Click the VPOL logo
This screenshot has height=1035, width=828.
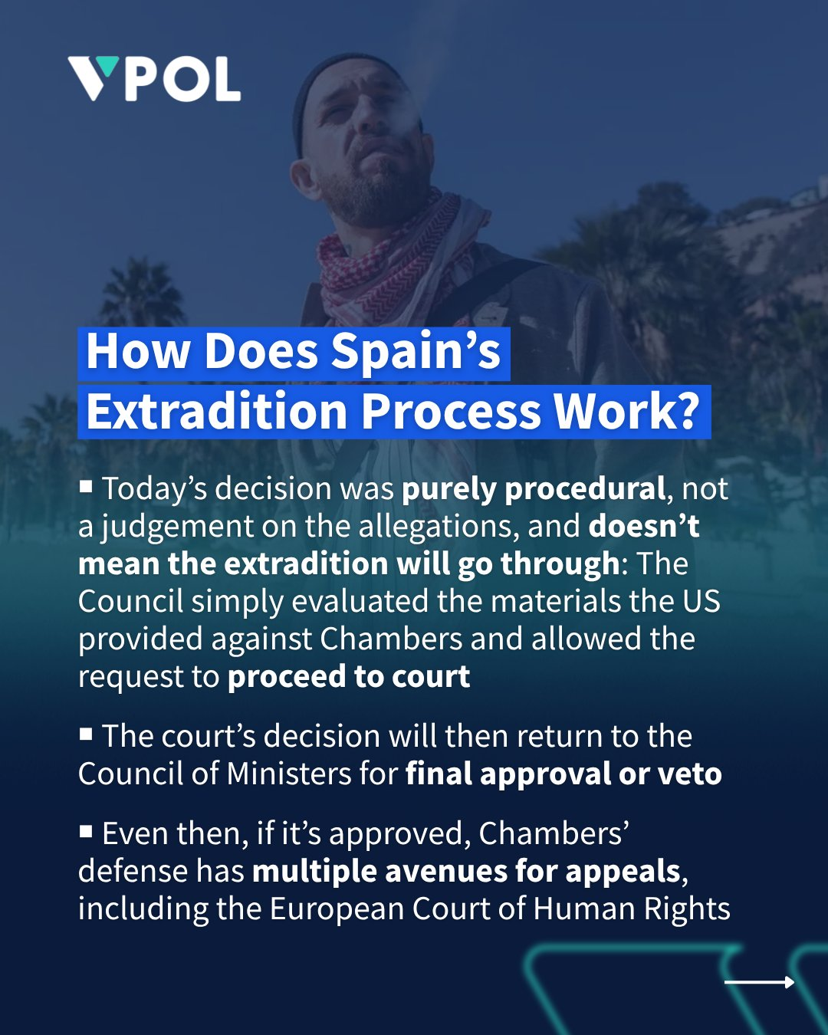154,79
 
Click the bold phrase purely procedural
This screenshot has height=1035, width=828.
534,490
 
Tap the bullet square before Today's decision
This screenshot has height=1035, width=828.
86,486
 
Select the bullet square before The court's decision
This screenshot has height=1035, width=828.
86,734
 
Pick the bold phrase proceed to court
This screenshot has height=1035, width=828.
349,677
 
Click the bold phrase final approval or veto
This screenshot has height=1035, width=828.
563,774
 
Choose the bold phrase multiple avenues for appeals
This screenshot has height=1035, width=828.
466,872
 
